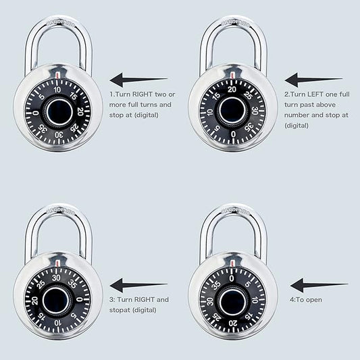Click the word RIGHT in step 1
click(143, 95)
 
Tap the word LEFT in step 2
click(315, 95)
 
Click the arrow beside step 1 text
click(138, 80)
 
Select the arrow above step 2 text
click(313, 80)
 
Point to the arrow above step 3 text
click(138, 285)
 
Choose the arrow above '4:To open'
click(319, 285)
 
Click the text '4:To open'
click(305, 300)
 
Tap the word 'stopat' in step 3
click(119, 310)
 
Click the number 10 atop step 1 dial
click(57, 90)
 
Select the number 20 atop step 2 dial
click(232, 89)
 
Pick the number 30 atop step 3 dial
click(56, 278)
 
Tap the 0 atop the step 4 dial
click(232, 278)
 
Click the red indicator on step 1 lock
click(57, 75)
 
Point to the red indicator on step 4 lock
click(232, 263)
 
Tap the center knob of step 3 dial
click(56, 300)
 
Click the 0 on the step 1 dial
click(36, 113)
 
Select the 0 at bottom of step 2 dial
click(233, 134)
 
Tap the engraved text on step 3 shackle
click(60, 210)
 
